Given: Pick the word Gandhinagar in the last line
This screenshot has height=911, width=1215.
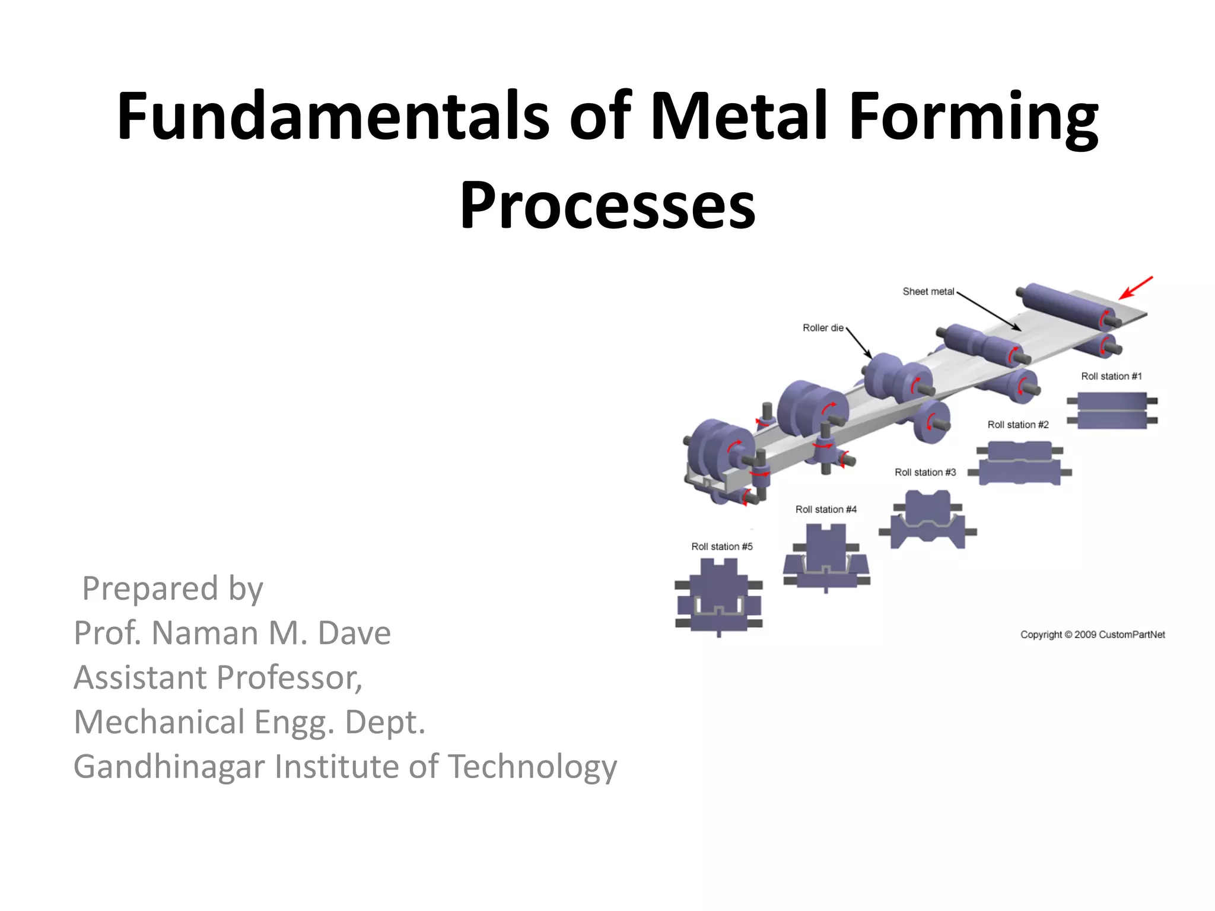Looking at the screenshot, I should pos(169,766).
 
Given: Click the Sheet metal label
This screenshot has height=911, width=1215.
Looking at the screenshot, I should pos(928,292).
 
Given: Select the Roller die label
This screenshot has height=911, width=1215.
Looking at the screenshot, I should pos(823,328).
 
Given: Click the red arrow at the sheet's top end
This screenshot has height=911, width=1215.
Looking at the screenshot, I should pos(1136,288).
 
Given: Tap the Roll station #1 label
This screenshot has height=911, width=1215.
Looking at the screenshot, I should pos(1111,377).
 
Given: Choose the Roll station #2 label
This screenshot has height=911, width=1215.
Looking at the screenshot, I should pos(1018,425).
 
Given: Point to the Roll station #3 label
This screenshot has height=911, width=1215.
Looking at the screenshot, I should pos(925,473).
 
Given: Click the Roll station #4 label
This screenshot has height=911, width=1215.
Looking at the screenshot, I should pos(826,509).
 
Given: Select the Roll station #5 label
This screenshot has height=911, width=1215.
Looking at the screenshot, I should pos(721,547).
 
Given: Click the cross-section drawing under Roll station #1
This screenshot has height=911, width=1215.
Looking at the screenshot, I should pos(1112,410).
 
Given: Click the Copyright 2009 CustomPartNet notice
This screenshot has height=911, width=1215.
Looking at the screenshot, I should pos(1092,635).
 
